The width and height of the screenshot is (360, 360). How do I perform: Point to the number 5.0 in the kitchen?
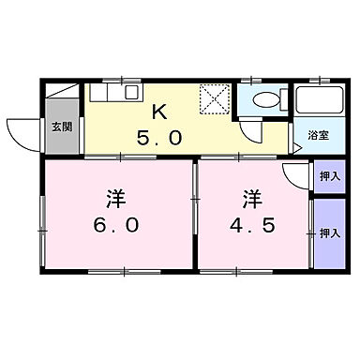[159, 136]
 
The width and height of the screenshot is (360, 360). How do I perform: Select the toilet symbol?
[263, 102]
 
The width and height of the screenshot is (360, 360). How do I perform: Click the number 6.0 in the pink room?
[116, 226]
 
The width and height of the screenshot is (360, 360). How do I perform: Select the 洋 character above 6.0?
[116, 199]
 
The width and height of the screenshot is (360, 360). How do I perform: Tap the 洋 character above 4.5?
[252, 199]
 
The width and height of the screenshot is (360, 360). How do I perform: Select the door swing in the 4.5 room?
[296, 177]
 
